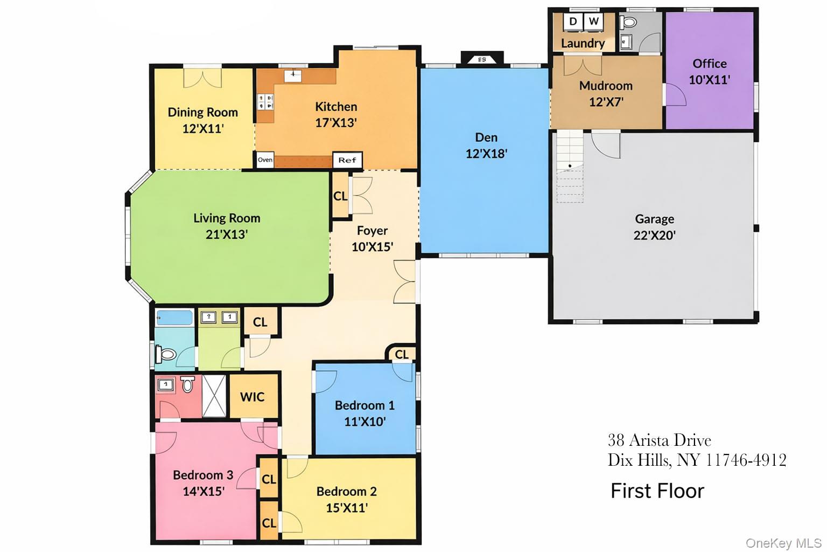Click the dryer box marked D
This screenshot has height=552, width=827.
tap(573, 22)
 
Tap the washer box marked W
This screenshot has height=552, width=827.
tap(593, 22)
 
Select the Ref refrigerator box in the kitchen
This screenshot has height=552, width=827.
tap(347, 160)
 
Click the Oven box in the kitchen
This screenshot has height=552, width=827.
tap(265, 160)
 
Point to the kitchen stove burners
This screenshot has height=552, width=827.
tap(265, 102)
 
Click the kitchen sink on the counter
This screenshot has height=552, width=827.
tap(293, 75)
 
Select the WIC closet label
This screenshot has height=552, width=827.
tap(252, 397)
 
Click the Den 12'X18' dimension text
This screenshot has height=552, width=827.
tap(486, 154)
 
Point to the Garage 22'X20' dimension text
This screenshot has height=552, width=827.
tap(655, 235)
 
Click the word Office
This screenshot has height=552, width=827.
tap(710, 64)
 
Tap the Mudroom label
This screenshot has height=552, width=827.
tap(606, 86)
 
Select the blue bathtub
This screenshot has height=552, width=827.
tap(174, 318)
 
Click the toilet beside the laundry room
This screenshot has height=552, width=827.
tap(628, 22)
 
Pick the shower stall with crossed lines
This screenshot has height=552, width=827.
tap(214, 396)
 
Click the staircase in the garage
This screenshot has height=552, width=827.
tap(570, 166)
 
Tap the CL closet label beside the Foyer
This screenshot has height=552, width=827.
tap(340, 196)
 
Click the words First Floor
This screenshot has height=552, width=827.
tap(657, 491)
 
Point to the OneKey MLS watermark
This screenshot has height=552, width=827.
tap(783, 543)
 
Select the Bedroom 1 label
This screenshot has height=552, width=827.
tap(365, 405)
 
